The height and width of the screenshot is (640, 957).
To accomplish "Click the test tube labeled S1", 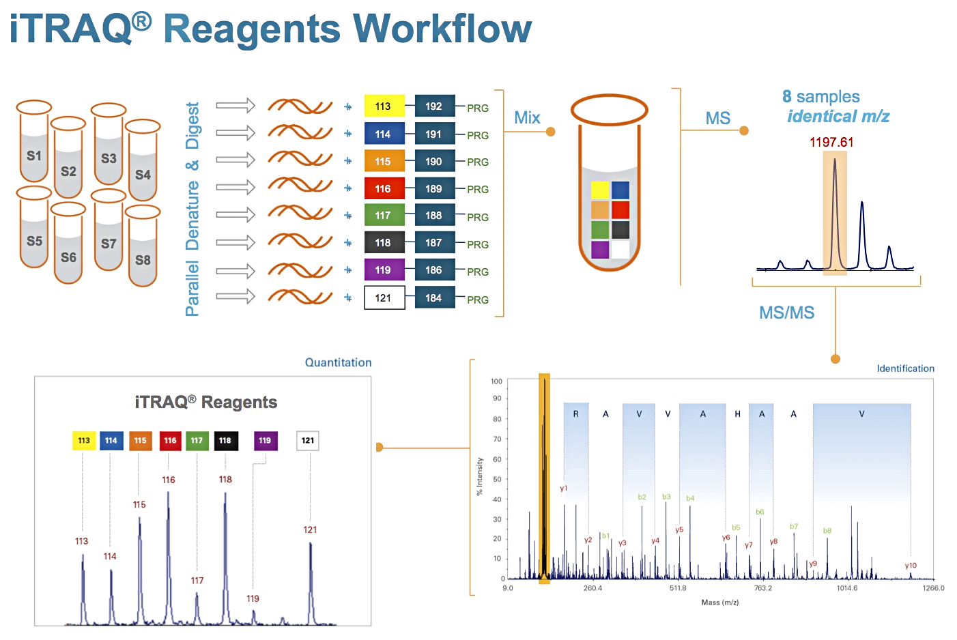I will coord(34,147).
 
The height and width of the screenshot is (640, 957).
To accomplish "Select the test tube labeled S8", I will coord(143,249).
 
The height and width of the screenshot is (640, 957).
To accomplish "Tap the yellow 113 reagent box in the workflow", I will coord(384,106).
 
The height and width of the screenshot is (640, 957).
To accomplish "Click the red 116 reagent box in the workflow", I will coord(384,188).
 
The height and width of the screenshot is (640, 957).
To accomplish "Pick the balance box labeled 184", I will coord(434,297).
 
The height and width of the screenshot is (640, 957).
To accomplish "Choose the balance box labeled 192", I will coord(434,106).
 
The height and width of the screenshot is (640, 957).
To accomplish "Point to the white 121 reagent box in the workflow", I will coord(384,297).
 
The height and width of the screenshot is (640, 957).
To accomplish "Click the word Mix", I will coord(527,117).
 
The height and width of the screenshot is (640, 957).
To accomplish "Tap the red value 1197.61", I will coord(831,142).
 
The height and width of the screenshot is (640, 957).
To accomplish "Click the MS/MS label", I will coord(786,312).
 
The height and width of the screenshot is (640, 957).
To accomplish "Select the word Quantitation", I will coord(338,362).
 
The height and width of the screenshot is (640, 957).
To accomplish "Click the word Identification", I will coord(905,368).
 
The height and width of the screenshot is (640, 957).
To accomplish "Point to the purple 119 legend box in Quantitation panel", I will coord(265,441).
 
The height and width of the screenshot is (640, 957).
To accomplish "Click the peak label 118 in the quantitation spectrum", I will coord(225,480).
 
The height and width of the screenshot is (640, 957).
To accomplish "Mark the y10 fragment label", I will coord(911,566).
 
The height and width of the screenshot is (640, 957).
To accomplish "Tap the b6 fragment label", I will coord(760,512).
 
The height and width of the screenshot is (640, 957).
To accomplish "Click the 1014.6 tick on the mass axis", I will coord(847,588).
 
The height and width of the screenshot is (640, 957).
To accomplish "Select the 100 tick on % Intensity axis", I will coord(496,381).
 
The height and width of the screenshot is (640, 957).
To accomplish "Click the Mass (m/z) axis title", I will coord(719,602).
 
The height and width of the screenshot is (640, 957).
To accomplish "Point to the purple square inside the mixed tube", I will coord(600,250).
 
